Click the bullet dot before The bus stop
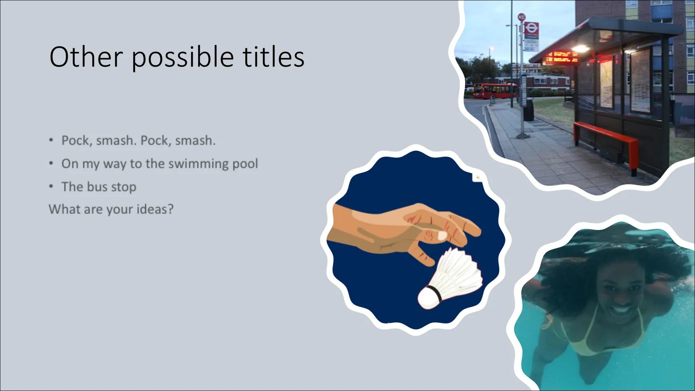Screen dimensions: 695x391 tap(52, 187)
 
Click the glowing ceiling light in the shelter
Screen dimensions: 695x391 tap(580, 48)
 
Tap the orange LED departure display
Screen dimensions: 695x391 tap(561, 57)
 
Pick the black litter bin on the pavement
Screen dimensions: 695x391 tap(528, 109)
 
